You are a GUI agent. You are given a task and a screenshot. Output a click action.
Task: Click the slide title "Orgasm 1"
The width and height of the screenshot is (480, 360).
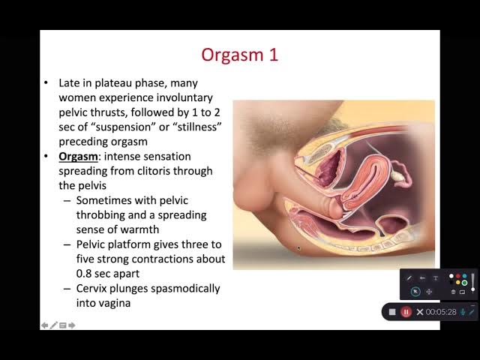click(240, 55)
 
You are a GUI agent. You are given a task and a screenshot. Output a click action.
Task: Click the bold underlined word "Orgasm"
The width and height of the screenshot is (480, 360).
click(78, 157)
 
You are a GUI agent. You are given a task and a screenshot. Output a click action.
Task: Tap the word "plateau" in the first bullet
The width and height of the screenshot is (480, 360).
click(113, 83)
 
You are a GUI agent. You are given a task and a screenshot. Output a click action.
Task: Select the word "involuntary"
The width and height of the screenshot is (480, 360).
click(184, 97)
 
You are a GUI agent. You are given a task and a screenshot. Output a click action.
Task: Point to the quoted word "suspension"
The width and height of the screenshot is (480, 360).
click(123, 127)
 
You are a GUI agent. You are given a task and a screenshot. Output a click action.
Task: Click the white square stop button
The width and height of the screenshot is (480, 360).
click(392, 312)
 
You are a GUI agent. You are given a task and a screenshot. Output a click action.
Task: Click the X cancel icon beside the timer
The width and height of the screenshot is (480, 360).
click(420, 312)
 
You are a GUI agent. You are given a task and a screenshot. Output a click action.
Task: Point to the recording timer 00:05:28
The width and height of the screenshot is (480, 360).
click(441, 312)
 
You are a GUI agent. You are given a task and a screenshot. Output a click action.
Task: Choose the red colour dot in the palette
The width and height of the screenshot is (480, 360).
click(458, 276)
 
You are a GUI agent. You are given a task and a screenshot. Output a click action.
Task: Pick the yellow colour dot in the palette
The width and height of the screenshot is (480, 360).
click(458, 282)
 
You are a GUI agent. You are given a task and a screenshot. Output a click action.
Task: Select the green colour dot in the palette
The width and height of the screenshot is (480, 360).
click(464, 283)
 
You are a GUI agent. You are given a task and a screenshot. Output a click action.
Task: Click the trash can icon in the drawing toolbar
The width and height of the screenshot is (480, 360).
click(453, 292)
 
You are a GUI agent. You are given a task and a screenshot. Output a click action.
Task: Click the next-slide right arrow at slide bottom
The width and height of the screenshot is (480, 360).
click(72, 325)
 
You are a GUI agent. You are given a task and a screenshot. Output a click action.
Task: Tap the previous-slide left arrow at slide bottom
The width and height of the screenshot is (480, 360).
click(44, 325)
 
